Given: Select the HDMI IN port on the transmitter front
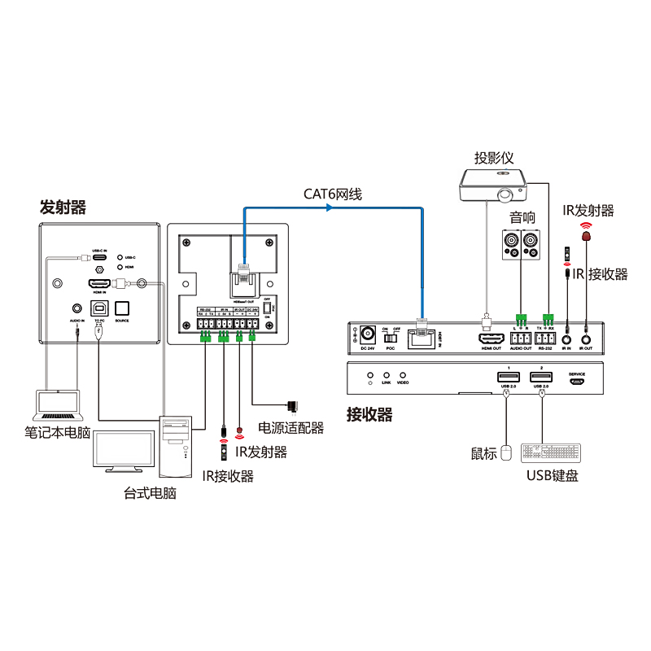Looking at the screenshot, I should click(x=99, y=284).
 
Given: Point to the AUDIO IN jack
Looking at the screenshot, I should click(x=76, y=308).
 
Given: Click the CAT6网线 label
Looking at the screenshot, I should click(x=333, y=194).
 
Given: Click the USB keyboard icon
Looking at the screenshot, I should click(x=549, y=453).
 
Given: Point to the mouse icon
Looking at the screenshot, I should click(x=506, y=452).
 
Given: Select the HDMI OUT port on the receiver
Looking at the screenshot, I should click(x=491, y=338).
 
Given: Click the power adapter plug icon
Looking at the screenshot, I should click(x=292, y=405).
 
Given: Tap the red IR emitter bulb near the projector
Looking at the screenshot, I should click(x=585, y=236).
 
